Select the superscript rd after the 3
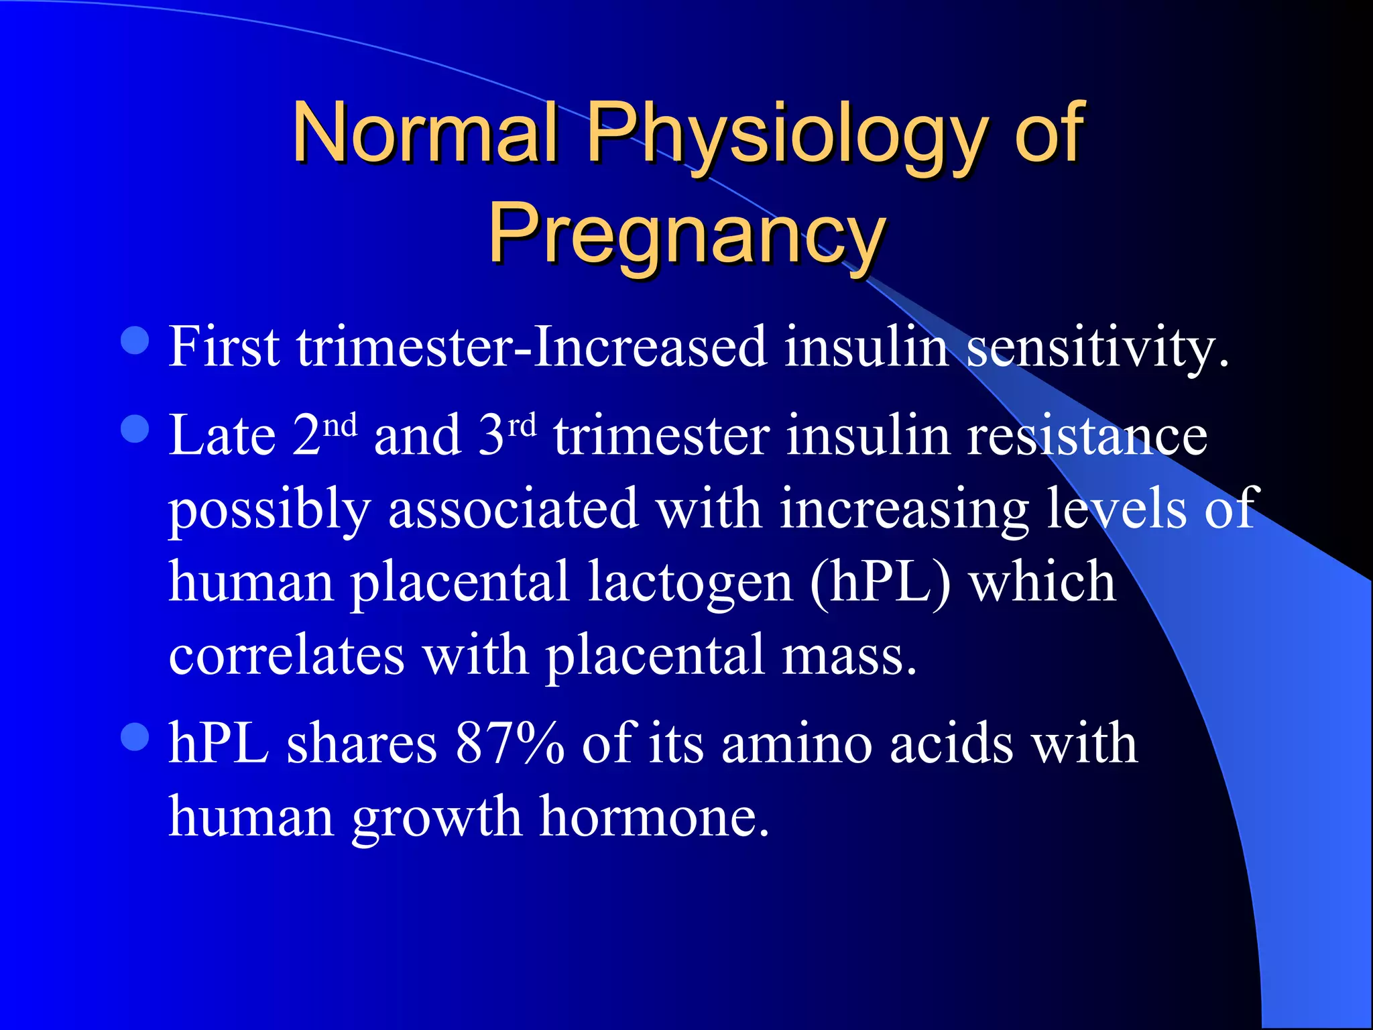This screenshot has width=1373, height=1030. [x=522, y=424]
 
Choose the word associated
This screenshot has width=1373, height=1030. [x=513, y=508]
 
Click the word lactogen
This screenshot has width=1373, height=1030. [x=691, y=582]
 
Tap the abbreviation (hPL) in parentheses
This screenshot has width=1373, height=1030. [x=880, y=582]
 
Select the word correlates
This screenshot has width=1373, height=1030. [x=286, y=654]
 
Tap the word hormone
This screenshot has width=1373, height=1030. [x=654, y=817]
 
